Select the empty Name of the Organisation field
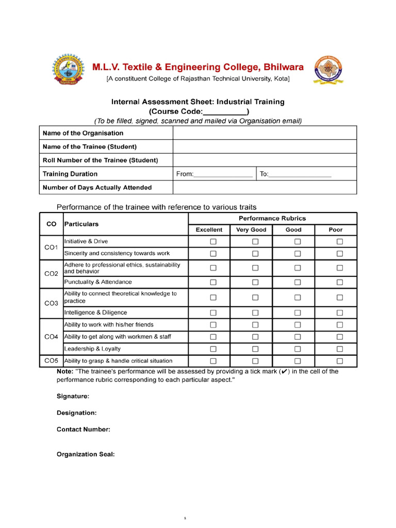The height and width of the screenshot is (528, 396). pyautogui.click(x=264, y=133)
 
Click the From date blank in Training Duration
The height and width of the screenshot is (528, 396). pyautogui.click(x=223, y=174)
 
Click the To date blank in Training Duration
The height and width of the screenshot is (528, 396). pyautogui.click(x=300, y=174)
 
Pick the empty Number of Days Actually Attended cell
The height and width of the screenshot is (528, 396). pyautogui.click(x=264, y=187)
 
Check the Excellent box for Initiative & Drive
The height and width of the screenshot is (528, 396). pyautogui.click(x=213, y=241)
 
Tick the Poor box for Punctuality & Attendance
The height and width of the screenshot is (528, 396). pyautogui.click(x=339, y=282)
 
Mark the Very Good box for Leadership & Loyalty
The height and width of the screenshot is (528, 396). pyautogui.click(x=255, y=349)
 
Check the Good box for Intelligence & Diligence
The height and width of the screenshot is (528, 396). pyautogui.click(x=298, y=312)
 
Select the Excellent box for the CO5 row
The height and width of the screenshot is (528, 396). pyautogui.click(x=213, y=361)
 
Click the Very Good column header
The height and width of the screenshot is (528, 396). pyautogui.click(x=251, y=229)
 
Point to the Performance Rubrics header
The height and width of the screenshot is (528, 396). pyautogui.click(x=272, y=218)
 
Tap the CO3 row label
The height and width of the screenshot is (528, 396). pyautogui.click(x=51, y=303)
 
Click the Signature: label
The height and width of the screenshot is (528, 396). pyautogui.click(x=73, y=396)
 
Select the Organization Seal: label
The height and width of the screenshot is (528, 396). pyautogui.click(x=86, y=454)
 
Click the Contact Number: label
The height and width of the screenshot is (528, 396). pyautogui.click(x=83, y=429)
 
